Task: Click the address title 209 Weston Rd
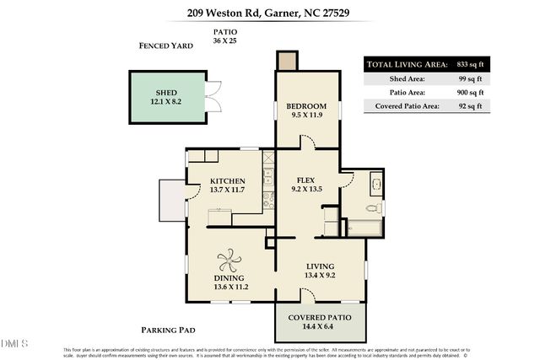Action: pos(270,13)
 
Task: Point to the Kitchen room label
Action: pos(227,185)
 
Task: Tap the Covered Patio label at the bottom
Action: pos(320,321)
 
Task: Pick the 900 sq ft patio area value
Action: pos(468,92)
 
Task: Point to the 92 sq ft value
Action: pos(469,105)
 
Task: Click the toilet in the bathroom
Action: pos(372,207)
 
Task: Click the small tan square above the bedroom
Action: pos(288,61)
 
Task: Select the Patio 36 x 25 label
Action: pos(224,36)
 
